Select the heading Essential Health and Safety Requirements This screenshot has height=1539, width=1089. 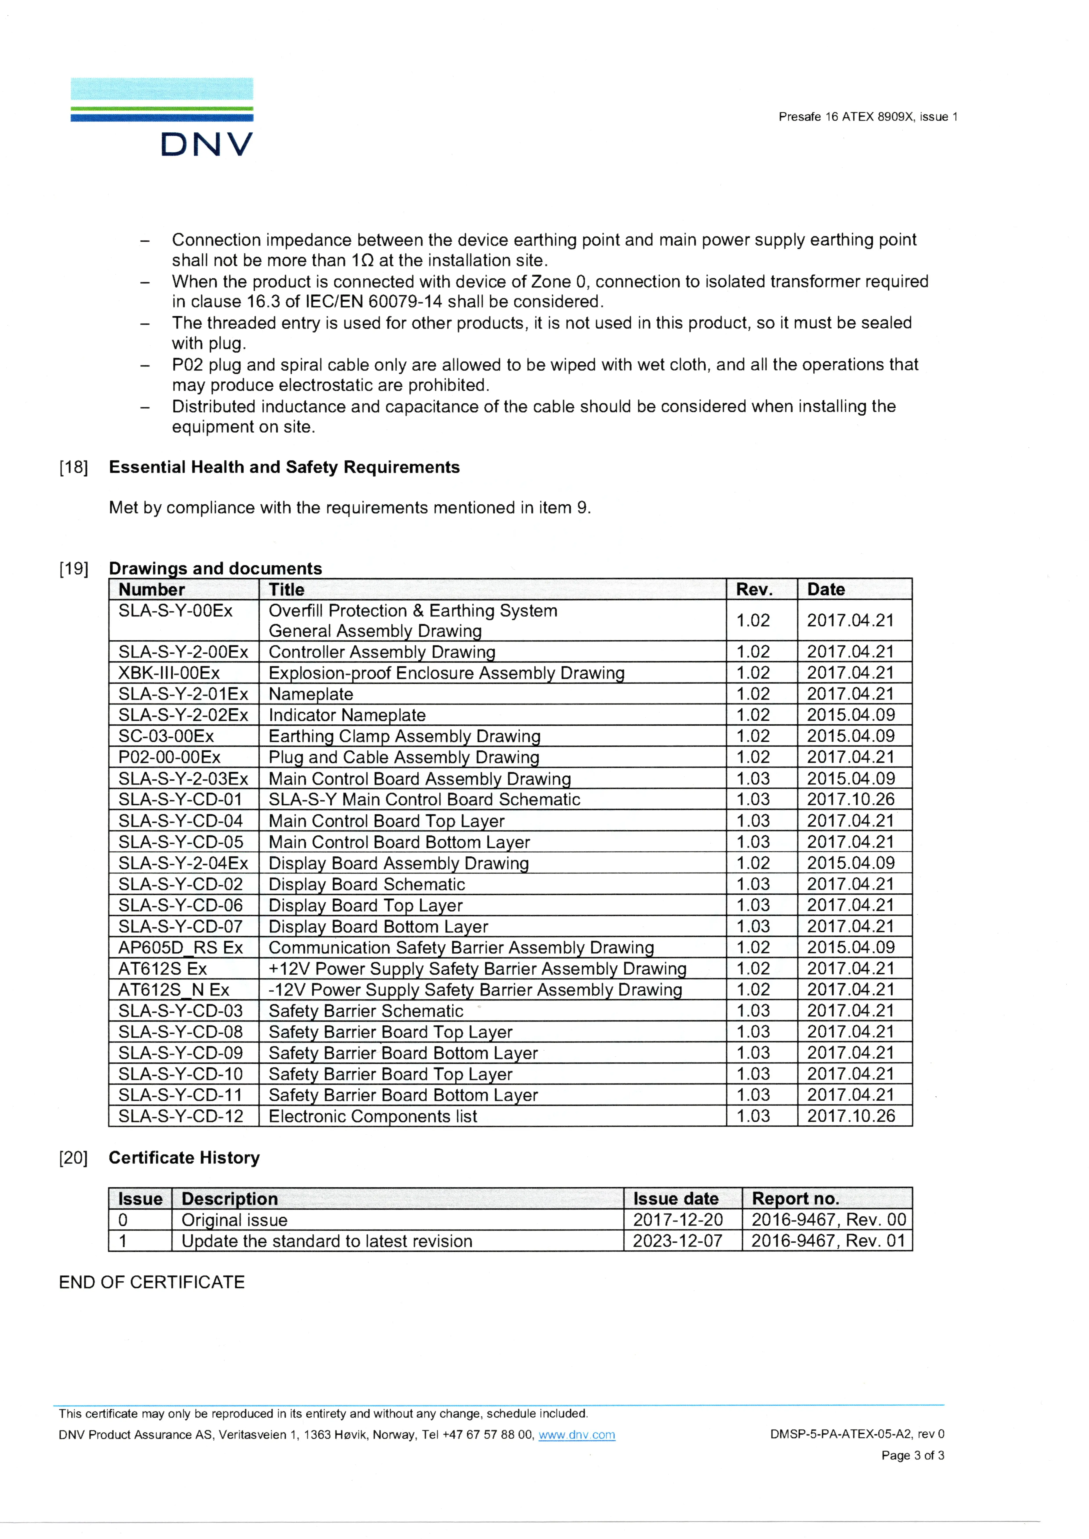point(284,467)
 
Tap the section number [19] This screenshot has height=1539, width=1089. point(74,569)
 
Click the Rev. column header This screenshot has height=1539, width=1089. point(754,589)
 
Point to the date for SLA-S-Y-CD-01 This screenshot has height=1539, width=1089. point(850,799)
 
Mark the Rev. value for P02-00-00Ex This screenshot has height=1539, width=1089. point(753,757)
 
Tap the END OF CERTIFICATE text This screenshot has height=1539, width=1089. point(152,1282)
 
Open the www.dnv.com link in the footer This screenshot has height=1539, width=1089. point(577,1435)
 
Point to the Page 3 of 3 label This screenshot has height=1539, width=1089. point(913,1455)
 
